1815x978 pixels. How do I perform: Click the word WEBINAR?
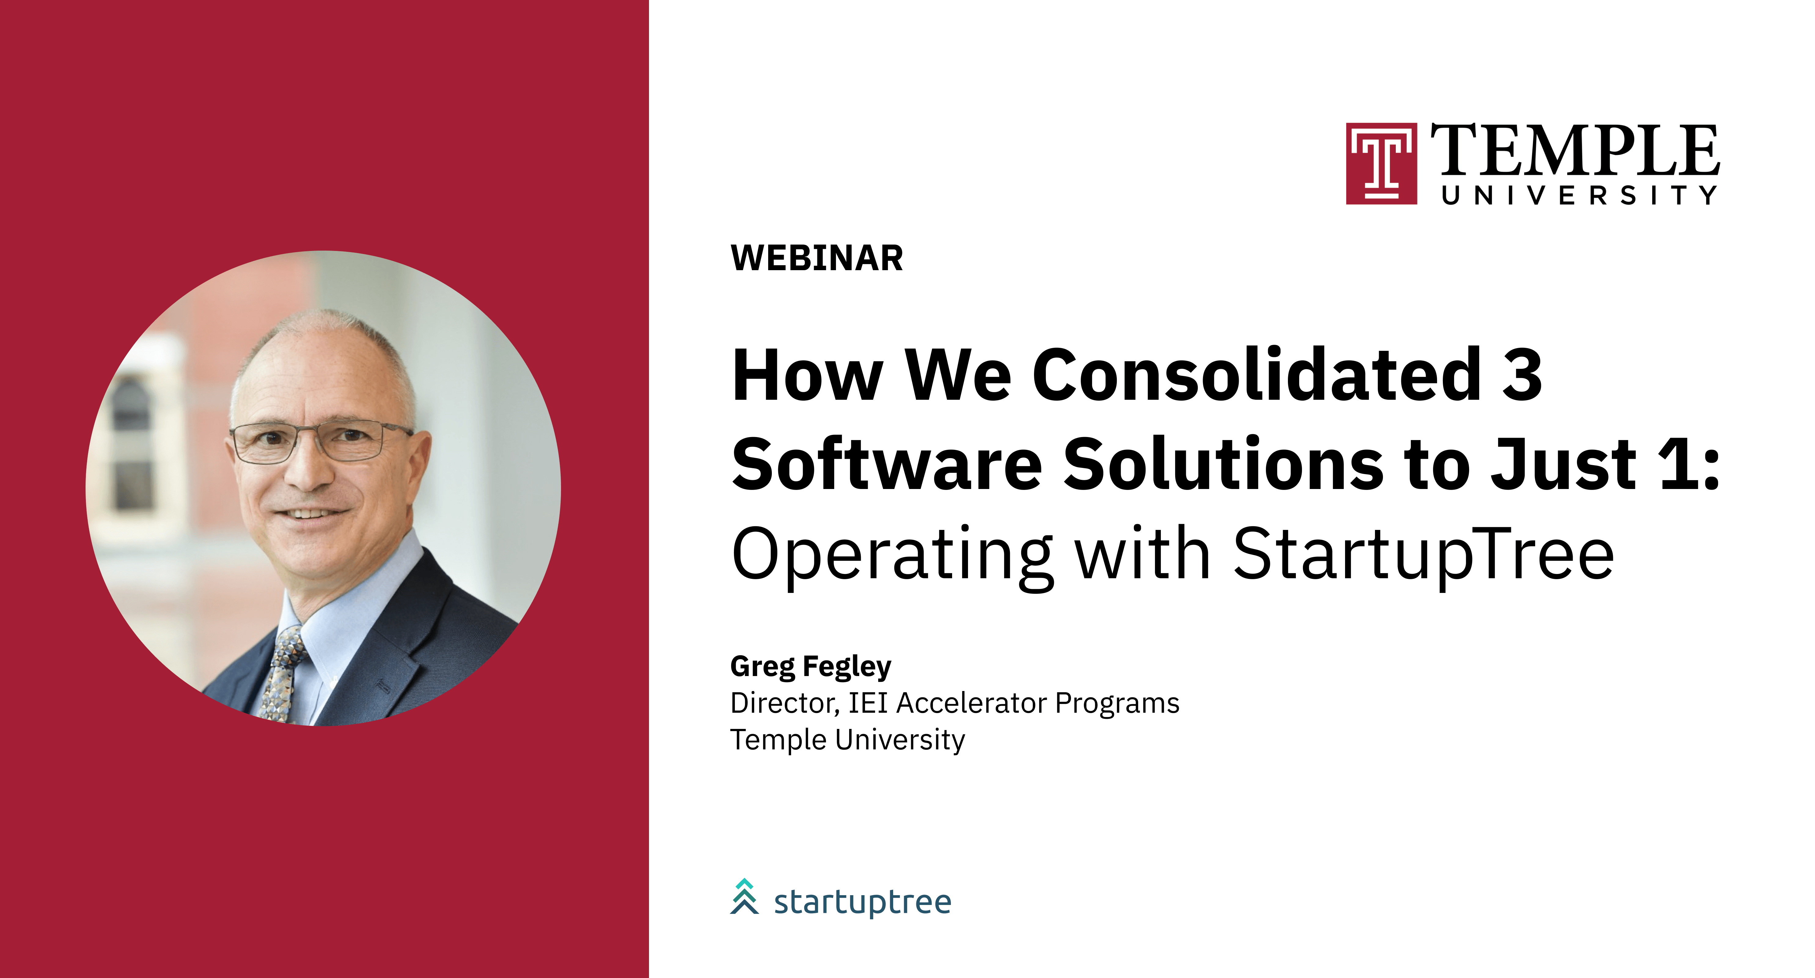point(817,258)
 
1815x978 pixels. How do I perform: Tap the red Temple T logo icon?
point(1381,164)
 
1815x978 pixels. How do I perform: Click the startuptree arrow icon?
point(744,897)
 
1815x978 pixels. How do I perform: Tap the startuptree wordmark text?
point(862,902)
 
